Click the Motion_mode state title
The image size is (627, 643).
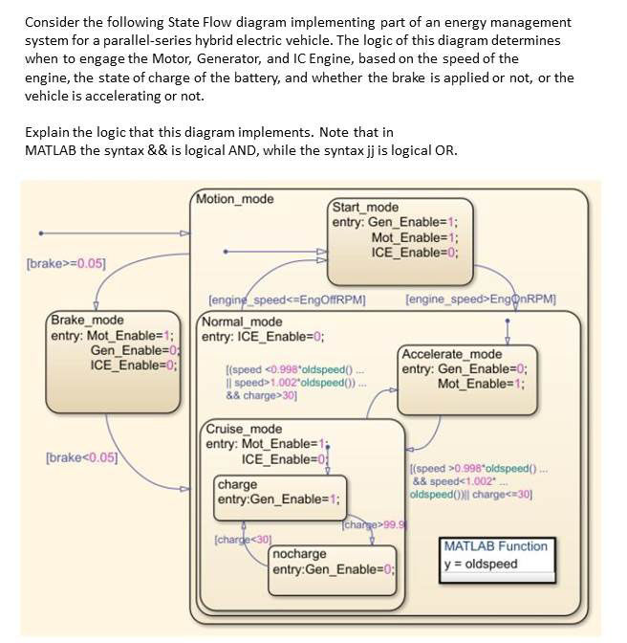click(x=234, y=199)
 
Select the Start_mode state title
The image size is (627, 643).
click(x=365, y=207)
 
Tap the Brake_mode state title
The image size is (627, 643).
click(x=87, y=320)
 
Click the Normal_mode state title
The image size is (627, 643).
click(x=241, y=321)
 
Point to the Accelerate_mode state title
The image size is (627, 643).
click(x=452, y=354)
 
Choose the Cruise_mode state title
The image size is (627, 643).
click(x=245, y=429)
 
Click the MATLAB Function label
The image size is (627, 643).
click(x=495, y=546)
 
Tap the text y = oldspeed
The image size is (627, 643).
click(x=480, y=564)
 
